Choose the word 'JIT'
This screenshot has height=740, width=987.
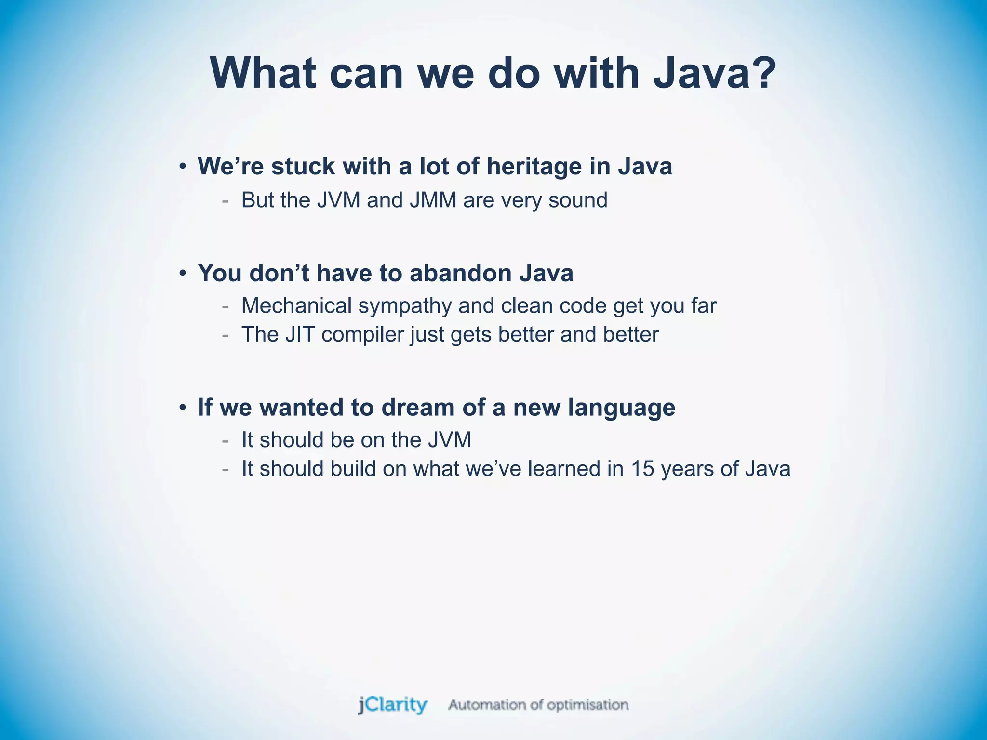pyautogui.click(x=299, y=334)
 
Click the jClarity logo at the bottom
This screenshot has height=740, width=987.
pyautogui.click(x=392, y=705)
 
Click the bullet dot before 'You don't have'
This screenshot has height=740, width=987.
pyautogui.click(x=182, y=274)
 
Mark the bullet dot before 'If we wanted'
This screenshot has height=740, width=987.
pyautogui.click(x=182, y=408)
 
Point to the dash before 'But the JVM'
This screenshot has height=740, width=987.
pyautogui.click(x=225, y=200)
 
